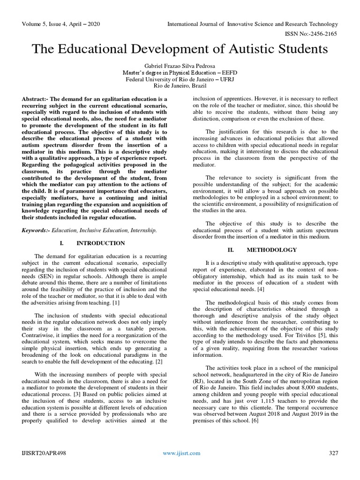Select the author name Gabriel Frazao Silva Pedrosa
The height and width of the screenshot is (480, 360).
pyautogui.click(x=180, y=66)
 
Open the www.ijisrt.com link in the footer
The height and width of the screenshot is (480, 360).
pyautogui.click(x=181, y=453)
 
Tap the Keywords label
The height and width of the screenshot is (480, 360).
pyautogui.click(x=36, y=231)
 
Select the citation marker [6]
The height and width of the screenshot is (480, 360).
pyautogui.click(x=254, y=420)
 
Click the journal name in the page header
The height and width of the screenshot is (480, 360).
pyautogui.click(x=252, y=24)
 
